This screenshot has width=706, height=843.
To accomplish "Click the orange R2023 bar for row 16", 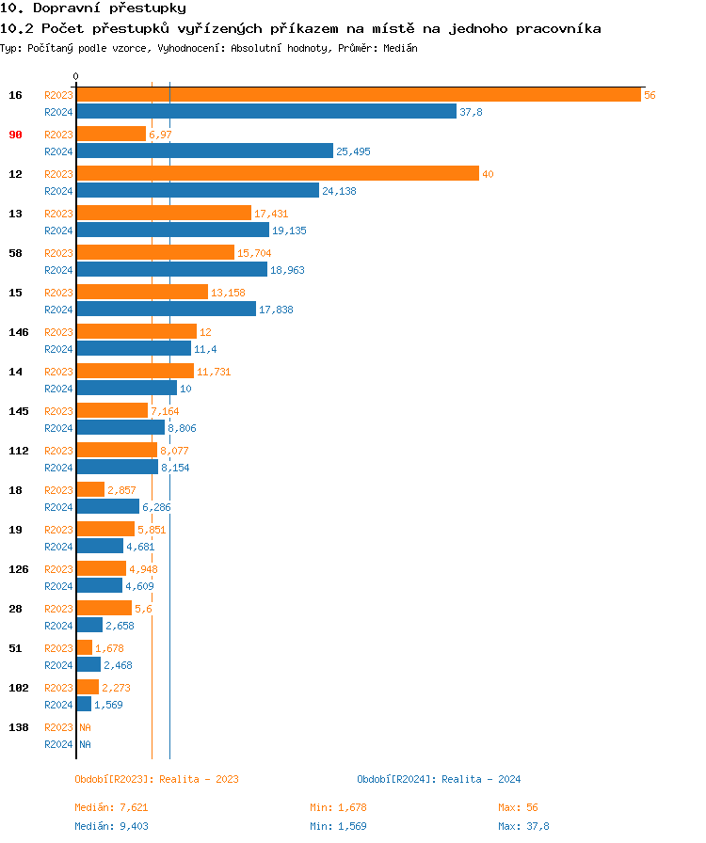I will [358, 95].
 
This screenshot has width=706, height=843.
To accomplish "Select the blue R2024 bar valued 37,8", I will [265, 112].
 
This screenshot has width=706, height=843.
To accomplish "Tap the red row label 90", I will [15, 135].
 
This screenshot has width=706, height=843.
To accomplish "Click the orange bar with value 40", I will [278, 174].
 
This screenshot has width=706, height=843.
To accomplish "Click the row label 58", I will [15, 253].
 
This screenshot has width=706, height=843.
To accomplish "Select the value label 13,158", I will [228, 293].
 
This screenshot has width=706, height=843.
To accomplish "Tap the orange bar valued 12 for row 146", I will [136, 332].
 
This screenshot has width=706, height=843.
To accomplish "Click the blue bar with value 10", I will [126, 389].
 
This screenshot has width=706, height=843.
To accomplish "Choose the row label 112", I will [18, 451].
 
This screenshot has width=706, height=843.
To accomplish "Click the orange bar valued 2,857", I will [90, 490].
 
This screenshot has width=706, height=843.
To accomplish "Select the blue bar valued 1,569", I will [84, 705].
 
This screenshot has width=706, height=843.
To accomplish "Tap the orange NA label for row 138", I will [85, 727].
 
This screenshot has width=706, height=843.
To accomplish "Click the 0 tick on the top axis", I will [76, 76].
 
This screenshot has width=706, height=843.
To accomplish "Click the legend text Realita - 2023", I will [199, 779].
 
